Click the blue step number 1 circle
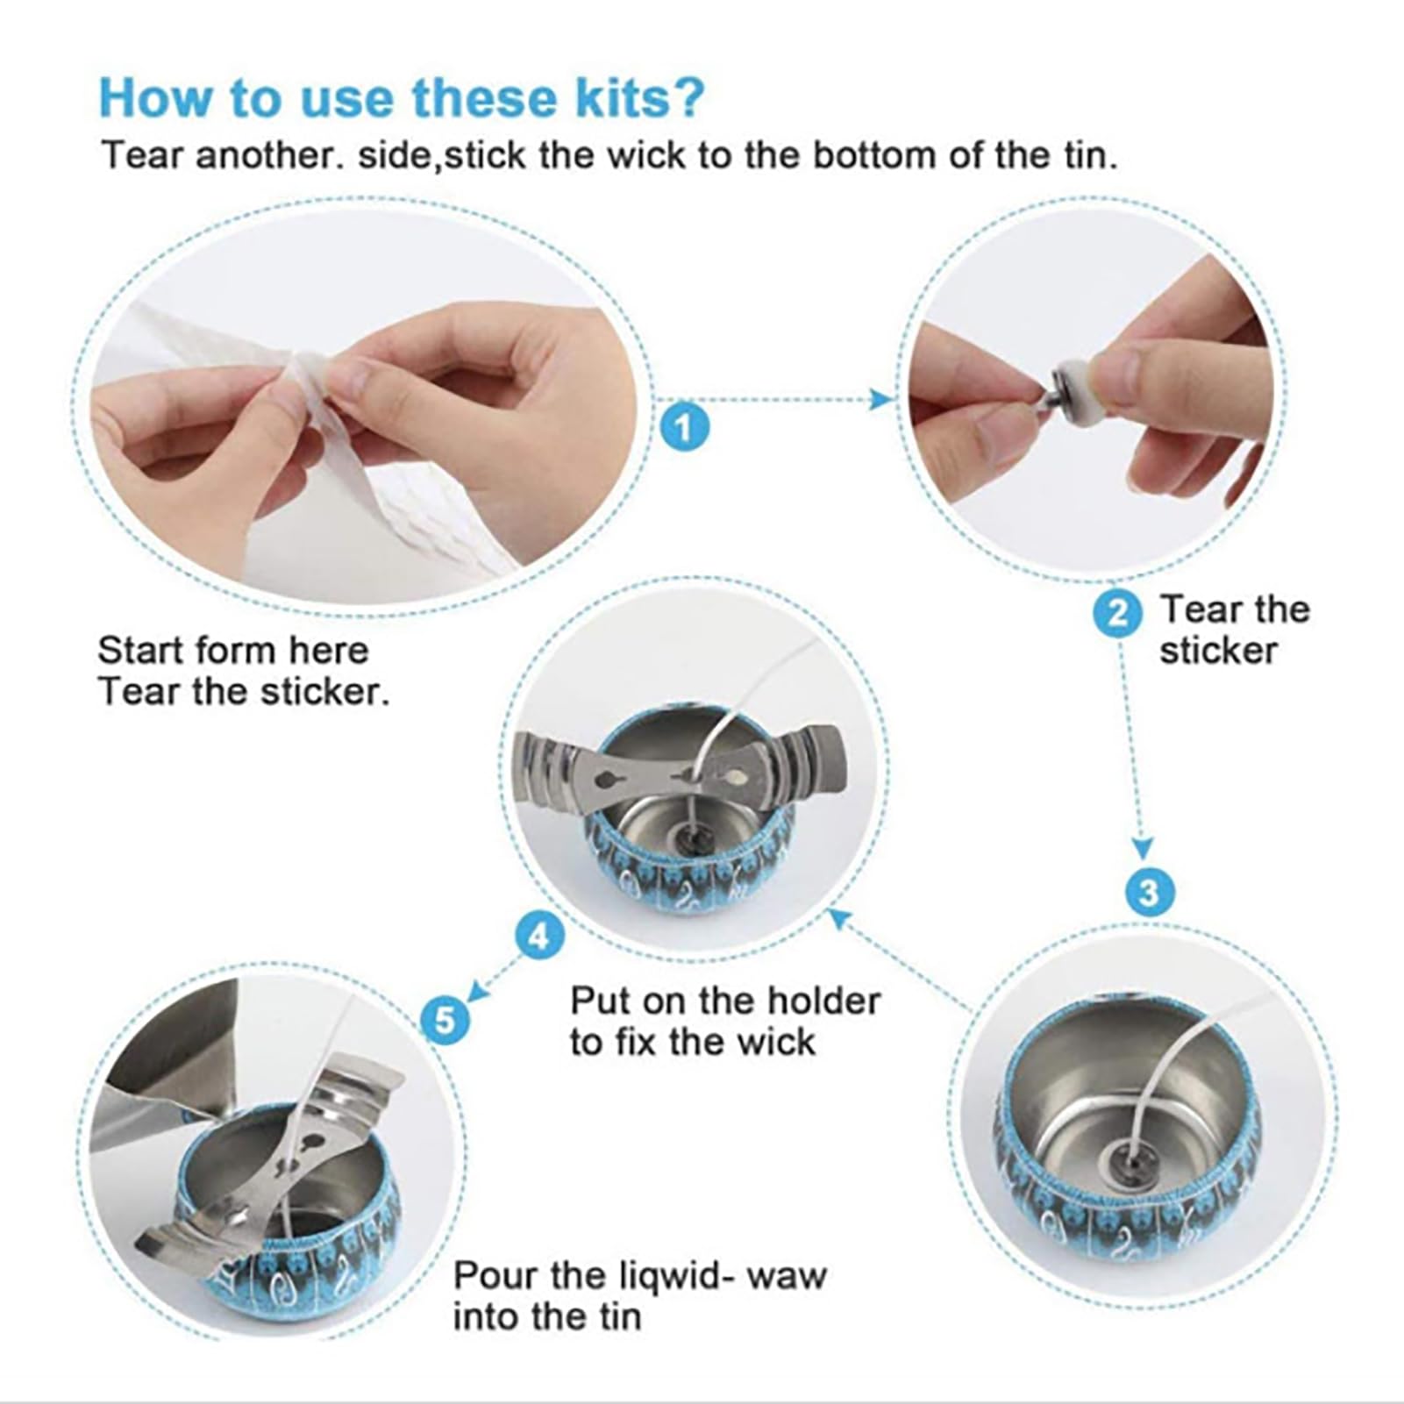tap(683, 427)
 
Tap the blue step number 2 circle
tap(1118, 612)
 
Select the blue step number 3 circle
tap(1148, 893)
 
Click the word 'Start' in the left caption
tap(139, 651)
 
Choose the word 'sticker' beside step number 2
tap(1219, 652)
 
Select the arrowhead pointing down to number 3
tap(1142, 848)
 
